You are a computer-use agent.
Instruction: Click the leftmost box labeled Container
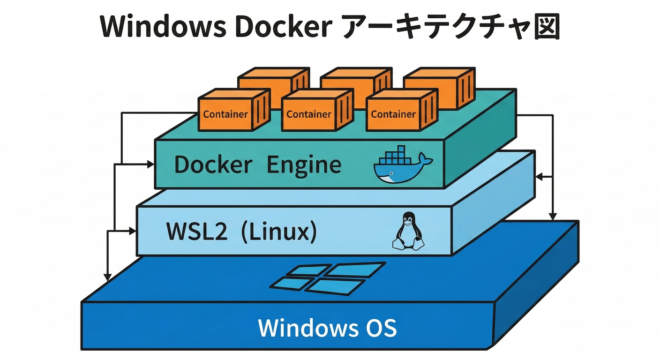[225, 114]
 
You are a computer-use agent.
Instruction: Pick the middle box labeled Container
[309, 114]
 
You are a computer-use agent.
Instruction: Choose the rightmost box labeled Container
[393, 114]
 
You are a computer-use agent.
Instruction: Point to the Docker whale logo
[402, 166]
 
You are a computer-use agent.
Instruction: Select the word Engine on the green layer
[304, 165]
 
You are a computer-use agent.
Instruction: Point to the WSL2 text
[197, 232]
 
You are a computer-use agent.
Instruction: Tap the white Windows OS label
[327, 328]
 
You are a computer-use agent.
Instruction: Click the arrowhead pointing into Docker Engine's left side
[150, 164]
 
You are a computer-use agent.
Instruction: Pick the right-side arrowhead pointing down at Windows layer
[553, 217]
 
